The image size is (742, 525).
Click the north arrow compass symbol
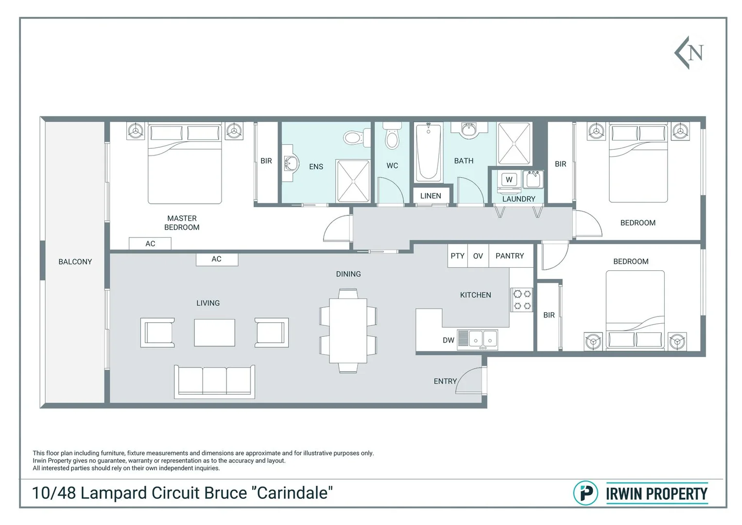click(x=689, y=53)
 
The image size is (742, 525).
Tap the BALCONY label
click(x=75, y=262)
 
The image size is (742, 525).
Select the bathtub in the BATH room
click(x=429, y=152)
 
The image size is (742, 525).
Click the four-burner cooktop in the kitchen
click(x=522, y=299)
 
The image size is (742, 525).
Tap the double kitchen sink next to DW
click(x=477, y=340)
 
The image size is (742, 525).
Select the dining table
click(x=348, y=331)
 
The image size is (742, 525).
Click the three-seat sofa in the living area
click(x=215, y=382)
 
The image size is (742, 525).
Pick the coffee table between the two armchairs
click(x=215, y=333)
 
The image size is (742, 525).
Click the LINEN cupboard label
click(x=431, y=196)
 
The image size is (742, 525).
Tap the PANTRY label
click(x=509, y=256)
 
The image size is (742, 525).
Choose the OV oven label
click(x=478, y=256)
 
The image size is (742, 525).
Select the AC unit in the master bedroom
click(x=150, y=244)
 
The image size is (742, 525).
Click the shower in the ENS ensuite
click(x=353, y=181)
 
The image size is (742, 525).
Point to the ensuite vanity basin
click(x=291, y=163)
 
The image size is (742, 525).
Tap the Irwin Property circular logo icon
click(x=586, y=493)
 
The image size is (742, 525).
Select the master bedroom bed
click(x=185, y=164)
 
